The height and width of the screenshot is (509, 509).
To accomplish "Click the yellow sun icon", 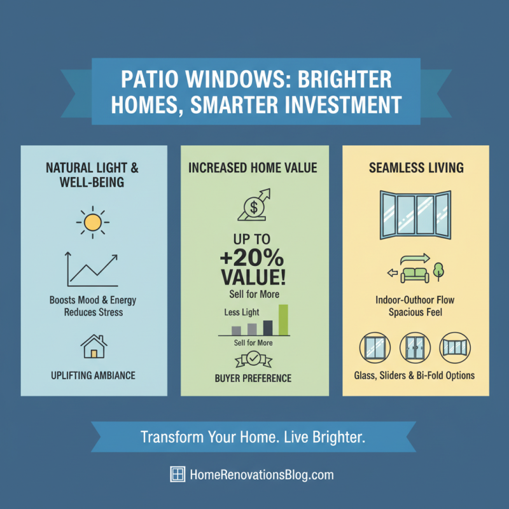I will point(93,222).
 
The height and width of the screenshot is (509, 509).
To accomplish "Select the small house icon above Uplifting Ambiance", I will point(94,346).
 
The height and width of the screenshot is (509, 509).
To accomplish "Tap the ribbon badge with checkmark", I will point(253,360).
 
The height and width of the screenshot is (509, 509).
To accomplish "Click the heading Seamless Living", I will point(416,169).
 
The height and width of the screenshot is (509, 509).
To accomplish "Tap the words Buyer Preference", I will point(253,378).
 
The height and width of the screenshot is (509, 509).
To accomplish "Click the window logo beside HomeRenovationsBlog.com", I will point(178,474).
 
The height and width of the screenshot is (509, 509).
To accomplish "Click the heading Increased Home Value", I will point(253,169).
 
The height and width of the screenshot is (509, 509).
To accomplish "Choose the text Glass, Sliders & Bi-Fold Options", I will point(414,375).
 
